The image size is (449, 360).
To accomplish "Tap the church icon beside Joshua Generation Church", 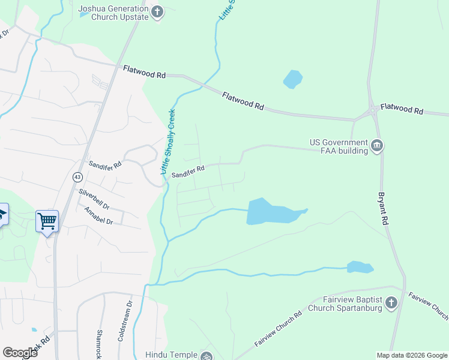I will pyautogui.click(x=157, y=13).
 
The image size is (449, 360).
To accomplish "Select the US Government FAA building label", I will pyautogui.click(x=339, y=146).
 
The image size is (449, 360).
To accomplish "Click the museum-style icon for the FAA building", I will pyautogui.click(x=378, y=145).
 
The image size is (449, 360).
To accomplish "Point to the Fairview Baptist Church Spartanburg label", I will pyautogui.click(x=345, y=304).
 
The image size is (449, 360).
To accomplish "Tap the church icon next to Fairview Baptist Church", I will pyautogui.click(x=391, y=302).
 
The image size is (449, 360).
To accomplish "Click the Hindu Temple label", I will pyautogui.click(x=172, y=355).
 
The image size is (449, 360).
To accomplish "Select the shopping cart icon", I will pyautogui.click(x=47, y=221).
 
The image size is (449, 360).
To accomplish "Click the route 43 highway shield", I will pyautogui.click(x=77, y=177).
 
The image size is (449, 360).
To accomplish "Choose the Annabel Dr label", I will pyautogui.click(x=98, y=216).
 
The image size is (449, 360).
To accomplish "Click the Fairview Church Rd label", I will pyautogui.click(x=278, y=328).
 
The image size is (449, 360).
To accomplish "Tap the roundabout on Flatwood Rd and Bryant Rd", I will pyautogui.click(x=373, y=110).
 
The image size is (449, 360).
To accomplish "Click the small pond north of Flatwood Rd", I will pyautogui.click(x=292, y=79).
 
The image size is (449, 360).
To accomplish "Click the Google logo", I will pyautogui.click(x=20, y=353).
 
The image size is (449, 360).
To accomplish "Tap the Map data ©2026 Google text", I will pyautogui.click(x=411, y=355).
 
